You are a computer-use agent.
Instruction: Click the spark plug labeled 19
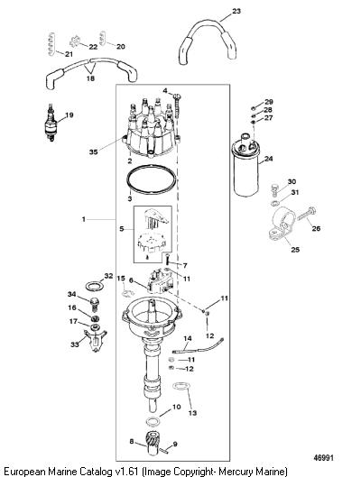[x=51, y=123]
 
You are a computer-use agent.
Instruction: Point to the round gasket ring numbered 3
[x=152, y=179]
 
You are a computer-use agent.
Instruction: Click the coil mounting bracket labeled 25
[x=282, y=225]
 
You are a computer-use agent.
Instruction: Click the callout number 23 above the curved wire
[x=236, y=11]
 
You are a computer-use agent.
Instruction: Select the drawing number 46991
[x=324, y=458]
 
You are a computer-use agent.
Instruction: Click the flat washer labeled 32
[x=95, y=286]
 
